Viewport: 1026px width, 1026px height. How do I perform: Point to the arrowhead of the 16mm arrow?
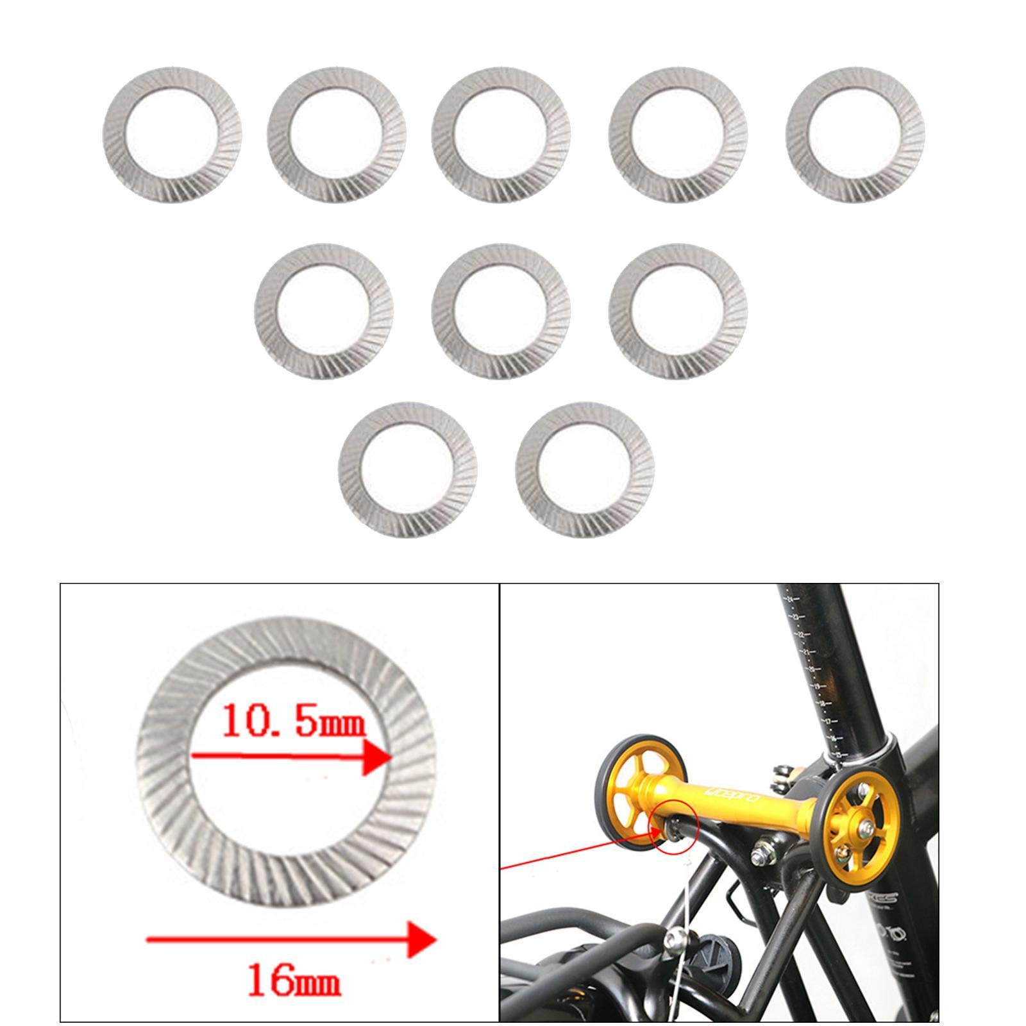pyautogui.click(x=423, y=940)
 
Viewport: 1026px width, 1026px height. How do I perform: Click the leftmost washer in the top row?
pyautogui.click(x=172, y=133)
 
